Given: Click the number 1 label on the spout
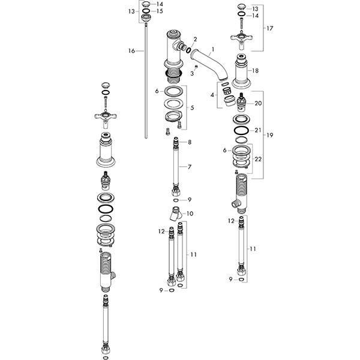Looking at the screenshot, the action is [x=213, y=49].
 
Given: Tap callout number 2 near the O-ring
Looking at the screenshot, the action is [x=195, y=39].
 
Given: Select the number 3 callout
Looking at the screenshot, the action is [x=192, y=73].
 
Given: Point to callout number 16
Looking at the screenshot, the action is [x=131, y=51].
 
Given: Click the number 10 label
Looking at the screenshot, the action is [x=190, y=214].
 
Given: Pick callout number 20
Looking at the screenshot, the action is [x=258, y=103].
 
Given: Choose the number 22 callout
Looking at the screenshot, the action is [x=258, y=159].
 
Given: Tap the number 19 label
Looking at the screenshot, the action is [x=270, y=135].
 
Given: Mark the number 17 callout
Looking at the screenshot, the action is [x=270, y=28].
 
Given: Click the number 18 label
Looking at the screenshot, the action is [x=256, y=71].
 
